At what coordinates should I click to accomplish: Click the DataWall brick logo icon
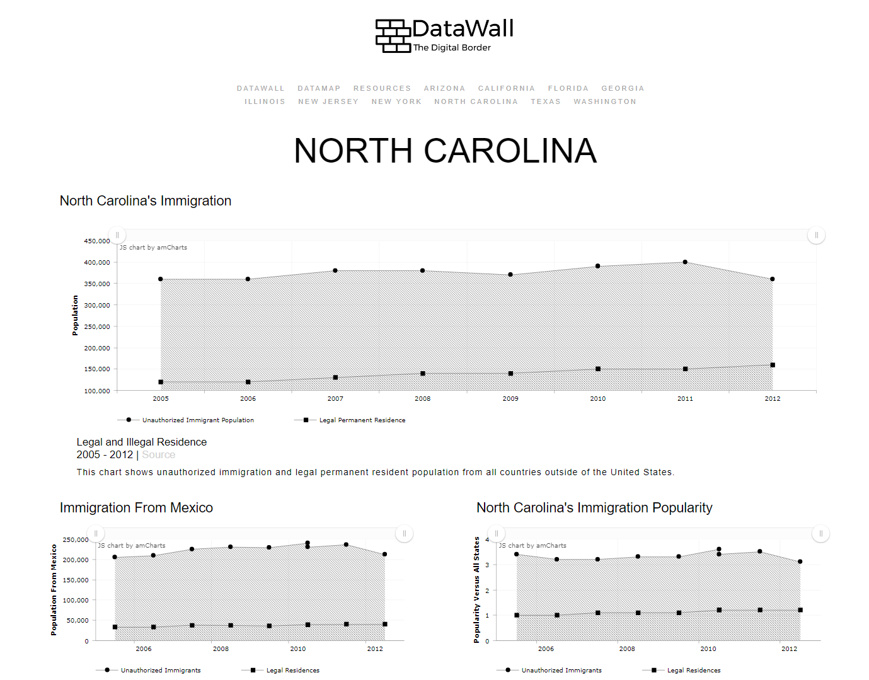point(393,36)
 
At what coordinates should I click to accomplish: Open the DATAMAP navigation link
point(319,88)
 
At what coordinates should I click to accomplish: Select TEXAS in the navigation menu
point(546,101)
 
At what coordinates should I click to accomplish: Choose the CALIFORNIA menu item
point(506,88)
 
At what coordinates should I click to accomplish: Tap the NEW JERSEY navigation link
point(328,101)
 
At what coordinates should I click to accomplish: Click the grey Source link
point(158,454)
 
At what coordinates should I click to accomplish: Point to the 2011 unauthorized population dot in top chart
point(685,262)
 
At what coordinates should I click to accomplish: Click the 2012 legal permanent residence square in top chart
point(773,365)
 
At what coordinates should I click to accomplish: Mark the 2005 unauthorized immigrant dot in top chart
point(160,279)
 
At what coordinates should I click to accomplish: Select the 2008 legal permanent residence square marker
point(423,373)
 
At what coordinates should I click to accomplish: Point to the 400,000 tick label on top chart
point(97,263)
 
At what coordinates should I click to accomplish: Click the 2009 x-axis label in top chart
point(510,398)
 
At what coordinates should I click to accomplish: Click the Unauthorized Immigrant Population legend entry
point(185,420)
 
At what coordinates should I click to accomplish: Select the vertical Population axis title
point(75,315)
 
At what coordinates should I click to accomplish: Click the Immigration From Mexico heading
point(136,508)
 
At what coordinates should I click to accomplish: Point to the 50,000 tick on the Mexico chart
point(76,620)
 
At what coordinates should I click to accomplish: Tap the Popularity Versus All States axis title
point(476,590)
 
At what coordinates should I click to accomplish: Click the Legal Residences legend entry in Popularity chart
point(681,670)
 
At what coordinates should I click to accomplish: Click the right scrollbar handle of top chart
point(816,235)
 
